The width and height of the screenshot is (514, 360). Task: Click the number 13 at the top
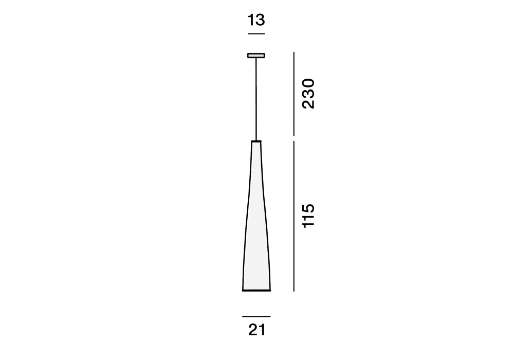pyautogui.click(x=256, y=20)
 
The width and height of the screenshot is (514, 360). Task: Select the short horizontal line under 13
pyautogui.click(x=256, y=34)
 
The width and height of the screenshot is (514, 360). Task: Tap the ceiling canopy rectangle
pyautogui.click(x=256, y=56)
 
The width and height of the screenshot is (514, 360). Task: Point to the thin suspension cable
pyautogui.click(x=256, y=99)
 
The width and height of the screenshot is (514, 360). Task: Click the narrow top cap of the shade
pyautogui.click(x=256, y=141)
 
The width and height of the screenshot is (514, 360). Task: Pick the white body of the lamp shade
pyautogui.click(x=256, y=217)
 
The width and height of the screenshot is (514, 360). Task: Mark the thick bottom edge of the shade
pyautogui.click(x=256, y=291)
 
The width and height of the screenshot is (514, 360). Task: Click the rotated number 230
pyautogui.click(x=308, y=94)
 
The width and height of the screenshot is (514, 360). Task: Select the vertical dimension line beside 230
pyautogui.click(x=293, y=94)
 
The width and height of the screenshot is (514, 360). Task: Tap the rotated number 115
pyautogui.click(x=308, y=216)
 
